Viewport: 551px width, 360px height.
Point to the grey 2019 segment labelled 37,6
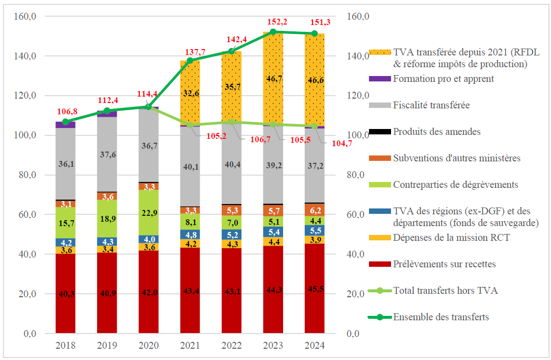107,154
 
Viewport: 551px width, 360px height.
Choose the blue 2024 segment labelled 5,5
315,230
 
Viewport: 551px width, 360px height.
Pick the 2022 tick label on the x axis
232,346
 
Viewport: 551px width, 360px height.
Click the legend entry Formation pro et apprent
443,78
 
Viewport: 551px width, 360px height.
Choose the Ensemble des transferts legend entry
441,317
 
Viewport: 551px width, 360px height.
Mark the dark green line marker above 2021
190,60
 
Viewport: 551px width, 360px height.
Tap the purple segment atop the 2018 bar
66,125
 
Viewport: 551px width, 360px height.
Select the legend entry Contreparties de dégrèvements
455,184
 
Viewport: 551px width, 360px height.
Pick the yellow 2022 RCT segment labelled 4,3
232,244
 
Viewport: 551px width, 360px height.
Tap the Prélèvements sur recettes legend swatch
379,264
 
